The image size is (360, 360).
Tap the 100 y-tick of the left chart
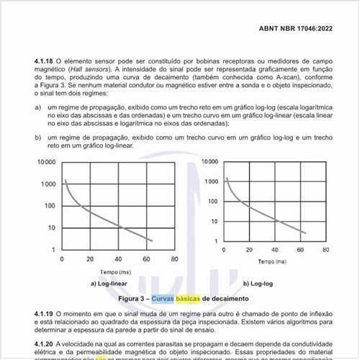(49, 206)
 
